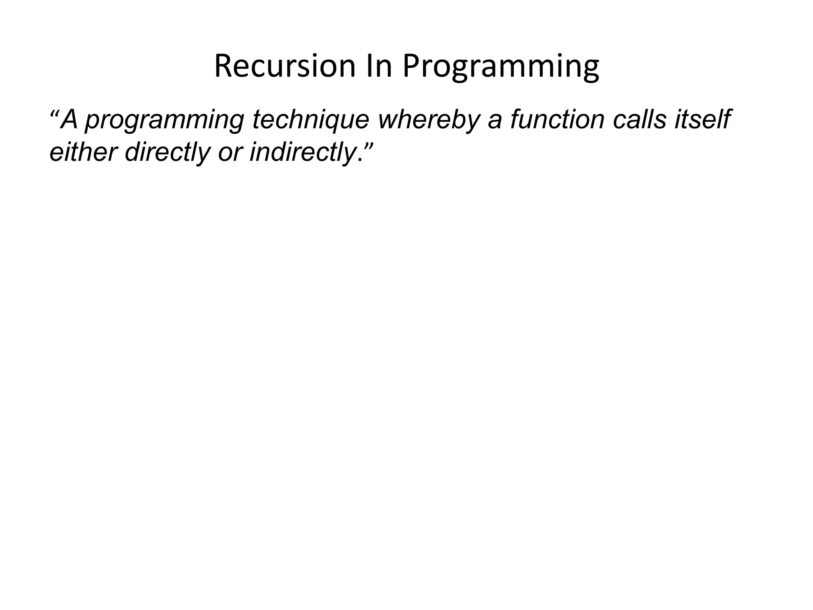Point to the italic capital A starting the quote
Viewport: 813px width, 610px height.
click(70, 119)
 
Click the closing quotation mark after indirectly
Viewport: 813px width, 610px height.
click(368, 146)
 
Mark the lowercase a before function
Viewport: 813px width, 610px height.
click(495, 121)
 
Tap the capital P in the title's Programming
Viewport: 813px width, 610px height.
click(411, 66)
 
